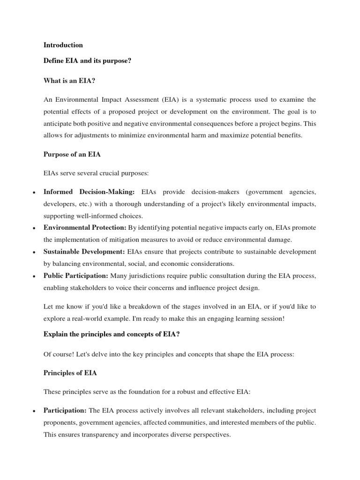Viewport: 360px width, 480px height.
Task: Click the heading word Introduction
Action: [63, 45]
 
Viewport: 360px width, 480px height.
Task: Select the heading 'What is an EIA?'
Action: [69, 81]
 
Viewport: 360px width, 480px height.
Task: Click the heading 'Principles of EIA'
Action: [71, 373]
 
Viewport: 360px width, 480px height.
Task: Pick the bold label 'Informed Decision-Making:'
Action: [89, 192]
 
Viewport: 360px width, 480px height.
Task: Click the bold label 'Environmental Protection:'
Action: [85, 227]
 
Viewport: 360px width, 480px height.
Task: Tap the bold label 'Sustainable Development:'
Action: [84, 252]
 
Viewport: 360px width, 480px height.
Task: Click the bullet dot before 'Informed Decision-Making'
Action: [34, 193]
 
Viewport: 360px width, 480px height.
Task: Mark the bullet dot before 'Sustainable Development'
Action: [34, 252]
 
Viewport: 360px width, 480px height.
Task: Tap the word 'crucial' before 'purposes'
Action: [111, 173]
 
